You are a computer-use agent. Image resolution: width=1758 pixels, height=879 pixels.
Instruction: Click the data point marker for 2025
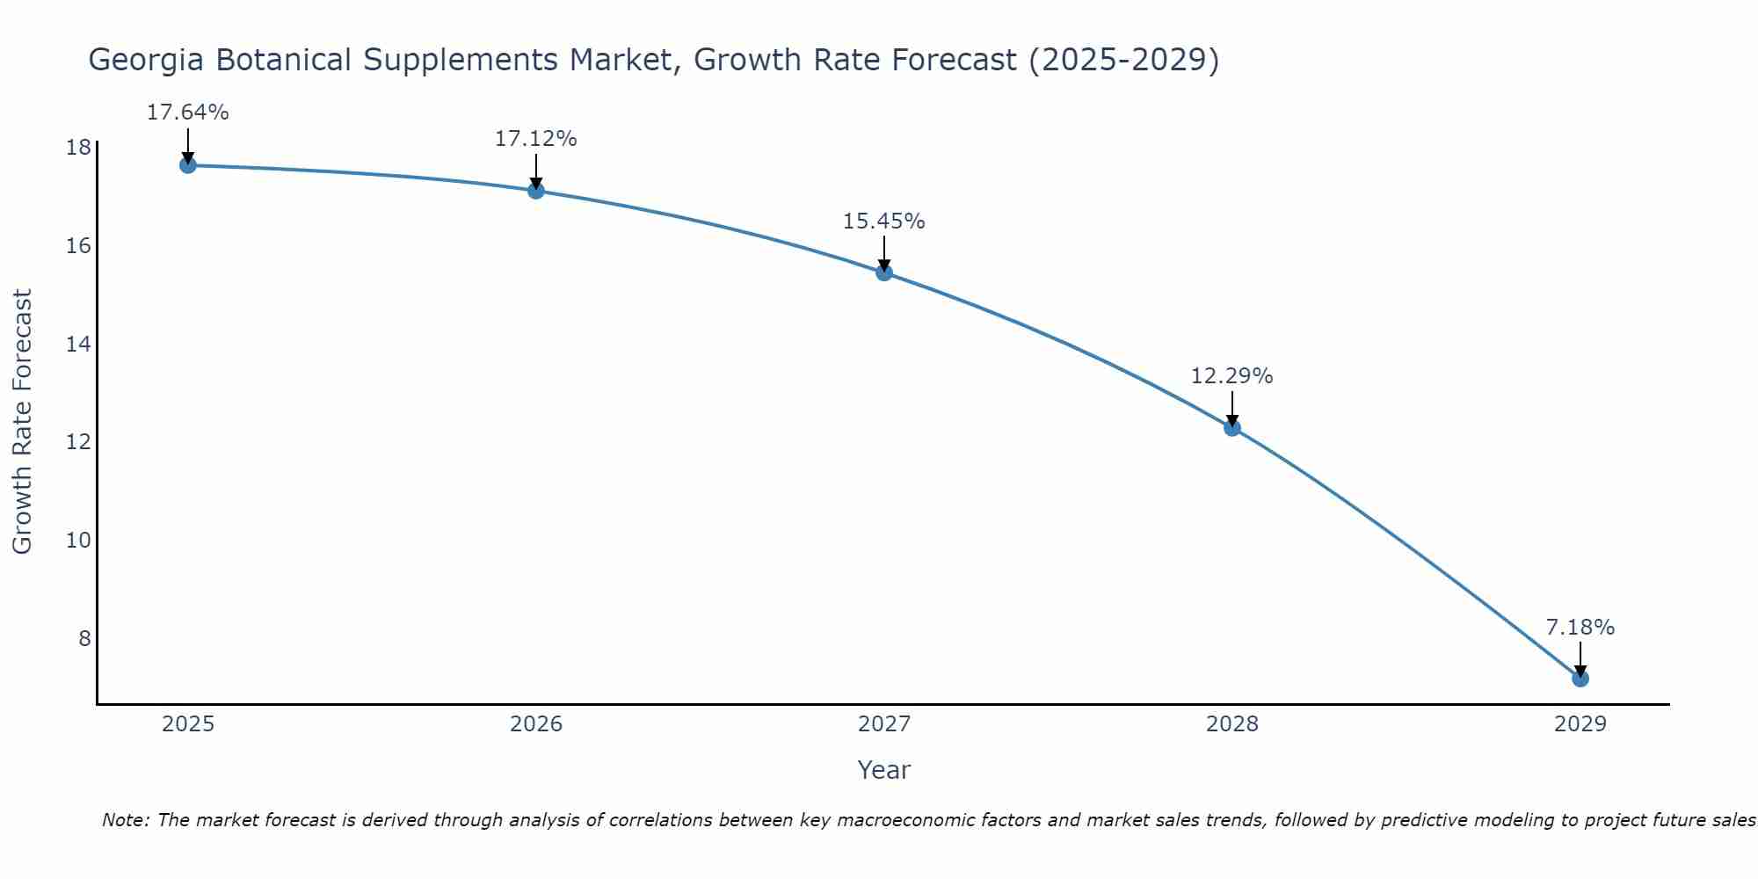point(188,165)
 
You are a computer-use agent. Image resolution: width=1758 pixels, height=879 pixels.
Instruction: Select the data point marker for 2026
point(536,191)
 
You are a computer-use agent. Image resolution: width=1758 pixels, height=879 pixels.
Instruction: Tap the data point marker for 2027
point(884,272)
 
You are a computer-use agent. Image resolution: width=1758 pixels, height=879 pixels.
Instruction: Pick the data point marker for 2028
point(1232,428)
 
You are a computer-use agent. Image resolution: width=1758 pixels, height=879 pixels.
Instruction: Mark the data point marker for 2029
point(1580,679)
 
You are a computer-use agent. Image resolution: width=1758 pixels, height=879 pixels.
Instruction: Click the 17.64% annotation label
point(187,113)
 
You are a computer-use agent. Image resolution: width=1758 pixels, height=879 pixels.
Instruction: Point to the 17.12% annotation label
point(535,139)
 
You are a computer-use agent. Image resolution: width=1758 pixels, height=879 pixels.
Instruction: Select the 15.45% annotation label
point(883,222)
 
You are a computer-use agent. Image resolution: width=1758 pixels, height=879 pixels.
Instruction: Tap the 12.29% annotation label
point(1231,376)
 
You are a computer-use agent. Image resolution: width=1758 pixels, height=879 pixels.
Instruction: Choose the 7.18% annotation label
point(1580,628)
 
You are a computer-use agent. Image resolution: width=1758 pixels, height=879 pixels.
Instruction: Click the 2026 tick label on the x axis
point(536,724)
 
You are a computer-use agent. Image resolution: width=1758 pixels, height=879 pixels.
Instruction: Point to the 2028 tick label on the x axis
point(1232,724)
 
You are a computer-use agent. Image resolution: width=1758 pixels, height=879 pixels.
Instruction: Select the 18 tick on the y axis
point(78,148)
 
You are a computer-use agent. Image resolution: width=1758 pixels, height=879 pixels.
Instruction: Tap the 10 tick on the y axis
point(78,540)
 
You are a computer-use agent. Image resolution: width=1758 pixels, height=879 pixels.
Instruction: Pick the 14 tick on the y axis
point(78,344)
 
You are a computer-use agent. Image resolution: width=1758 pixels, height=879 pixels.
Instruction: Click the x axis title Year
point(883,770)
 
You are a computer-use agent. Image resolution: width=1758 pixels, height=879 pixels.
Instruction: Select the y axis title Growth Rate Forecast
point(23,422)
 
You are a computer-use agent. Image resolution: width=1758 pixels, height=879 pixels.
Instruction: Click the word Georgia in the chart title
point(146,60)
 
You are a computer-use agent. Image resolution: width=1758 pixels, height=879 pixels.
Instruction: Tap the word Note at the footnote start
point(126,820)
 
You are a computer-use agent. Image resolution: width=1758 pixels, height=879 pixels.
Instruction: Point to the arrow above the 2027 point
point(884,253)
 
